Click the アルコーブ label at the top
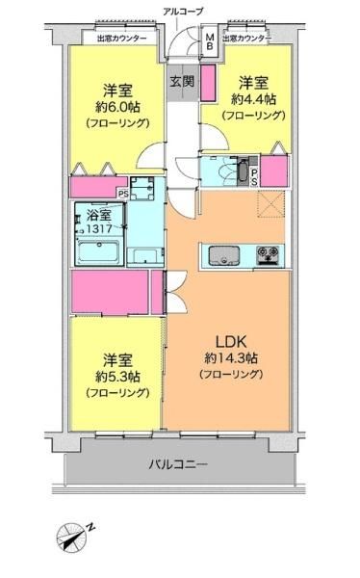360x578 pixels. point(183,12)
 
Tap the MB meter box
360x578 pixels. point(209,41)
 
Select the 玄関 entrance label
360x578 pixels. point(182,82)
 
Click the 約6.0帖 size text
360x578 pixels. point(117,107)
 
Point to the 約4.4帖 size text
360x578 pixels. point(253,99)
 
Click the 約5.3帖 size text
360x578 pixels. point(117,377)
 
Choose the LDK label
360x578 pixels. point(231,342)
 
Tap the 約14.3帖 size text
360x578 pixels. point(231,358)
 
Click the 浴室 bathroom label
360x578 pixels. point(99,215)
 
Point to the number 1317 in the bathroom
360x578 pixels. point(99,228)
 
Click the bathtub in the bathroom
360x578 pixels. point(99,252)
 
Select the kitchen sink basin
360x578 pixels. point(223,255)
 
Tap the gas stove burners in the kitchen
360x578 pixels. point(268,254)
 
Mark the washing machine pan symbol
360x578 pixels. point(142,189)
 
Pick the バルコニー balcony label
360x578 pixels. point(178,464)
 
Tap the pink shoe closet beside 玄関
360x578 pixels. point(208,83)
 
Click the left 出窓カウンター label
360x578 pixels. point(122,38)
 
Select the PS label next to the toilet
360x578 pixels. point(254,177)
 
